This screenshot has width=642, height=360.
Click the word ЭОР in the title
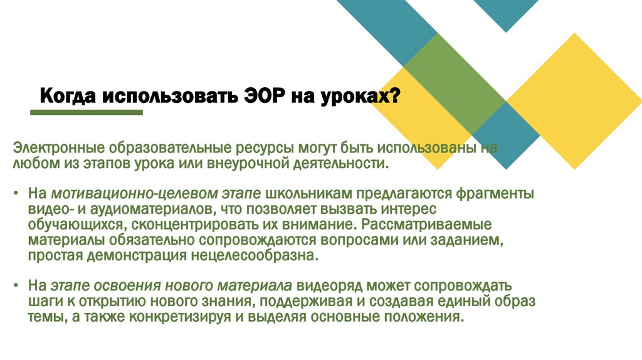266,97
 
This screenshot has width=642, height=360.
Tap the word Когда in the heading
65,97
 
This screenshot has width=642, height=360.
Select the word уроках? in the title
365,98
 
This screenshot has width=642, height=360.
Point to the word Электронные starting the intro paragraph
58,149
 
